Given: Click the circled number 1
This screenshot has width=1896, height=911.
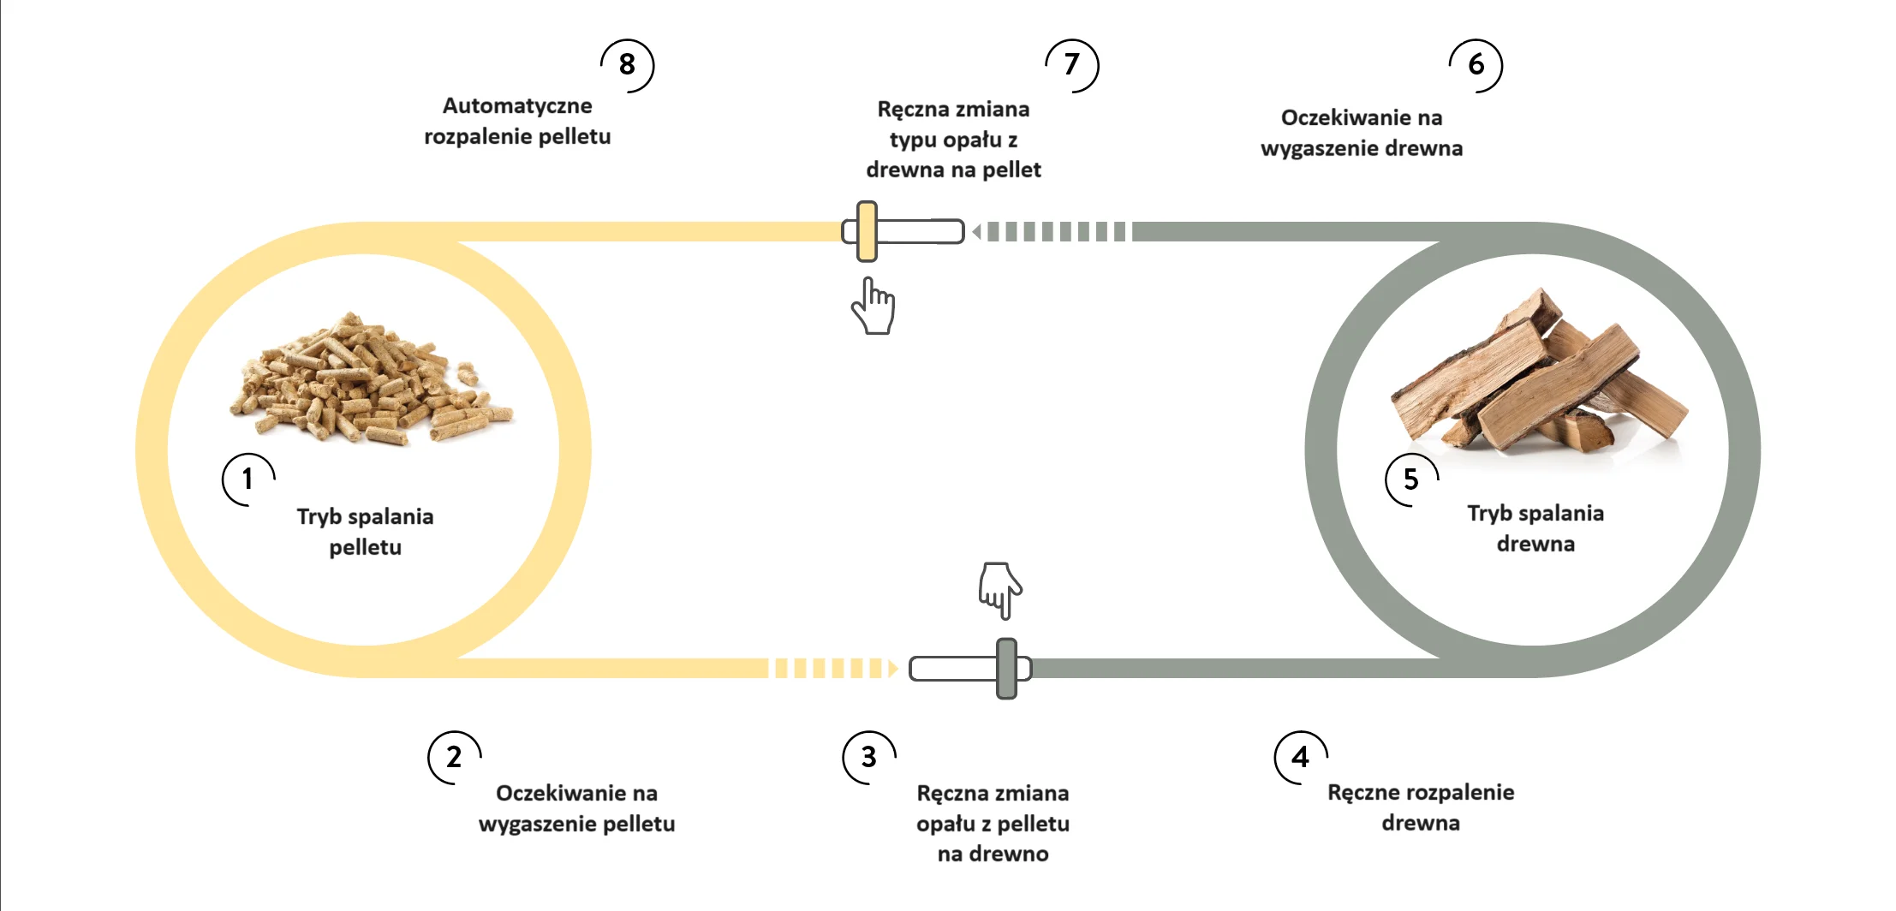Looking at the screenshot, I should click(x=248, y=479).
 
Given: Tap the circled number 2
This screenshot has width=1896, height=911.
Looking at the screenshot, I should click(x=454, y=757).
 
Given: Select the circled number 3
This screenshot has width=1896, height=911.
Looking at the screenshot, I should click(x=868, y=757).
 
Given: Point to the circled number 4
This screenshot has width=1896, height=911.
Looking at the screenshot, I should click(x=1300, y=757).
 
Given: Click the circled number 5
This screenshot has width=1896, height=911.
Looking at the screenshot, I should click(x=1410, y=479).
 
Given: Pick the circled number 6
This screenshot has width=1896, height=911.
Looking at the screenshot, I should click(x=1476, y=65).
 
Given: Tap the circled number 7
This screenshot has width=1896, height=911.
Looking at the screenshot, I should click(x=1071, y=65).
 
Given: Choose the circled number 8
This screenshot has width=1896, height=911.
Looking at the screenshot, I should click(x=627, y=65).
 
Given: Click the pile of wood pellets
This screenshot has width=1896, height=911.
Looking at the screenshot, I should click(x=369, y=381).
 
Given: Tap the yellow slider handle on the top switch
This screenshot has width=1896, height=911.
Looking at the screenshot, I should click(x=867, y=231).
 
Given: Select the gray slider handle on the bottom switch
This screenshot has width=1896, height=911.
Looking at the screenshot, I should click(x=1007, y=668).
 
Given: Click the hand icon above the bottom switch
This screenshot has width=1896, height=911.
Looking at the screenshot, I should click(x=999, y=589).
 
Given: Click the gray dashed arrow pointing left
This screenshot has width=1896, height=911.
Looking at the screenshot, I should click(x=1049, y=231).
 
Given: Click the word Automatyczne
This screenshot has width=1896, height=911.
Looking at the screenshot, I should click(x=517, y=106).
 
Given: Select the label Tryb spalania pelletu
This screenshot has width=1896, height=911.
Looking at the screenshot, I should click(x=366, y=532).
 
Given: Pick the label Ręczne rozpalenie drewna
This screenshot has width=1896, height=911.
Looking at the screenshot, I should click(x=1421, y=807).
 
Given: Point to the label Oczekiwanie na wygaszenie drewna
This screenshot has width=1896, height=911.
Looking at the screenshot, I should click(x=1362, y=133).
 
